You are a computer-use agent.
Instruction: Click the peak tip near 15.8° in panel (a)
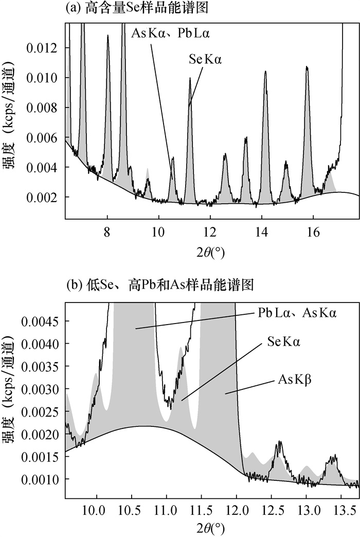[307, 67]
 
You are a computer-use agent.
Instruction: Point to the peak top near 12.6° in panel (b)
[279, 441]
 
